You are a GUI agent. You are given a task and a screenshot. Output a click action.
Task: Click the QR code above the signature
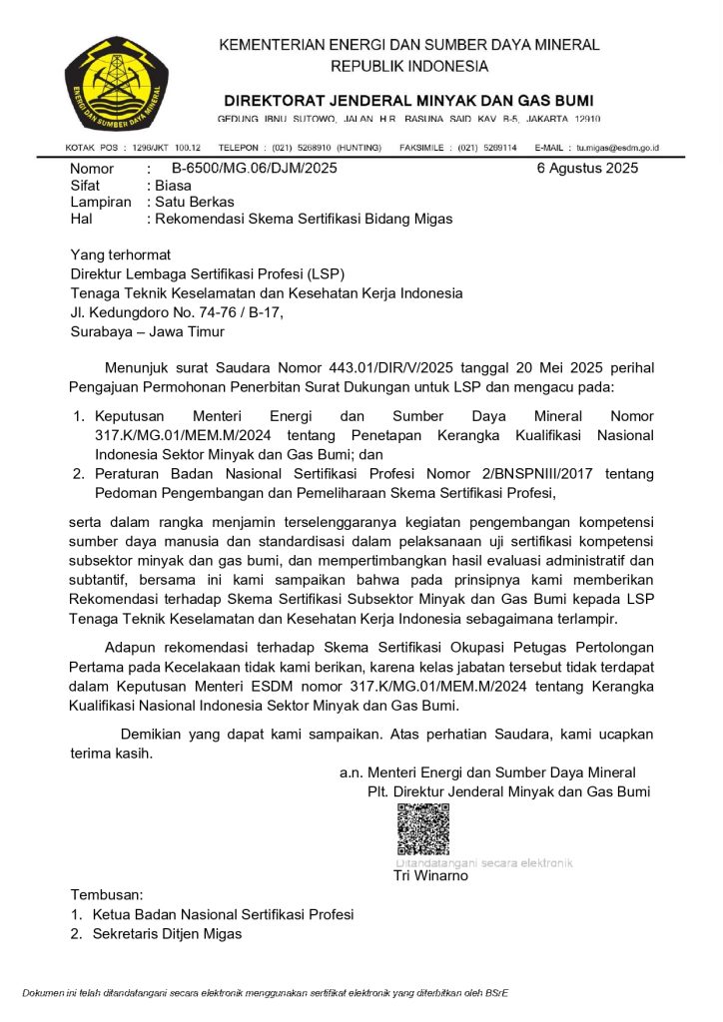(422, 829)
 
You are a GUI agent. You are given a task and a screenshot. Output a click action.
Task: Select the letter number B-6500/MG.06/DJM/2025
(255, 169)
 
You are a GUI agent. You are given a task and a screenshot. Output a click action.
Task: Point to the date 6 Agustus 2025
(587, 168)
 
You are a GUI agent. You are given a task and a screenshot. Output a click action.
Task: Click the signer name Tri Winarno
(430, 877)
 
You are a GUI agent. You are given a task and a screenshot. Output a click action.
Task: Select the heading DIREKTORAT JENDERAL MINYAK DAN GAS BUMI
(408, 101)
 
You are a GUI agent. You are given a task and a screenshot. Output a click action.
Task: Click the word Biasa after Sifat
(172, 186)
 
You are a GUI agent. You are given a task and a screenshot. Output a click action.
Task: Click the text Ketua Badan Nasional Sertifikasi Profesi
(223, 914)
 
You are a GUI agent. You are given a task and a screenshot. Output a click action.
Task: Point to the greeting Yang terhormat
(120, 255)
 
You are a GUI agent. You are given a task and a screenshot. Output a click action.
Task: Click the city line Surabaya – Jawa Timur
(147, 331)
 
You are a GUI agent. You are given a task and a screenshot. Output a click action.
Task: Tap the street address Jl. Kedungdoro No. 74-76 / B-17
(177, 312)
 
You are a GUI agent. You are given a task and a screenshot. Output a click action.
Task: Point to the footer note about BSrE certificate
(265, 993)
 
